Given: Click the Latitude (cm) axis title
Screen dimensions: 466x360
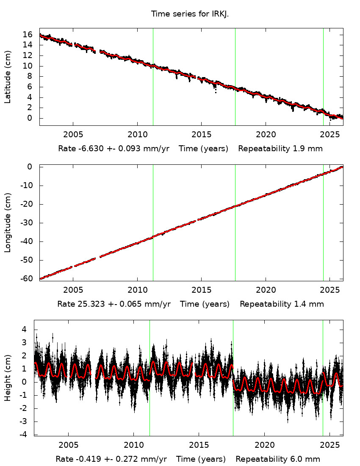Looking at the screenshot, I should tap(8, 77).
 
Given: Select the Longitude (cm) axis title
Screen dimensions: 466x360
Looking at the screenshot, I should tap(8, 222).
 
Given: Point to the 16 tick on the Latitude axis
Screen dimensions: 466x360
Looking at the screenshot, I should tap(27, 34).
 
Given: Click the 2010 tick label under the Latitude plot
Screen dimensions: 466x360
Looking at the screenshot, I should tap(137, 136).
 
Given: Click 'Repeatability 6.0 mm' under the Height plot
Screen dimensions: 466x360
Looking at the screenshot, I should tap(278, 459).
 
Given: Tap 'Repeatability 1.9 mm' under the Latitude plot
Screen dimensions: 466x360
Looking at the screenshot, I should tap(280, 149).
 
